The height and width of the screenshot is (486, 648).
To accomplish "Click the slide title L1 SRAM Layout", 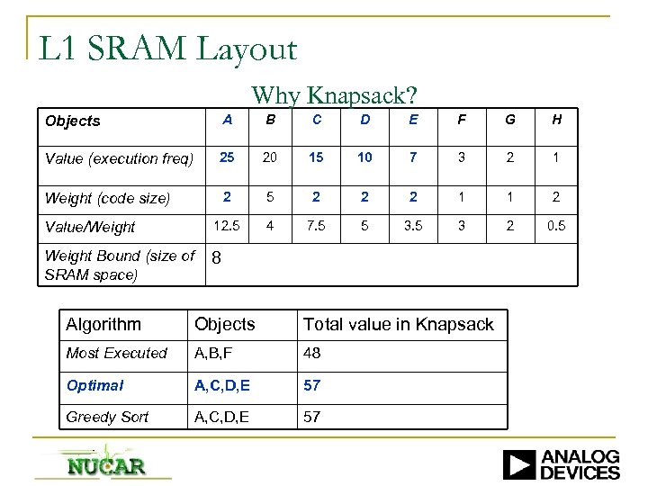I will pyautogui.click(x=167, y=48).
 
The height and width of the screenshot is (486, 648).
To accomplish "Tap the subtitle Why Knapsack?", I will pyautogui.click(x=334, y=94).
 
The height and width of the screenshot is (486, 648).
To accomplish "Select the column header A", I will pyautogui.click(x=228, y=120).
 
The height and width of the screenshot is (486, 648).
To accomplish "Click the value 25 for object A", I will pyautogui.click(x=228, y=158).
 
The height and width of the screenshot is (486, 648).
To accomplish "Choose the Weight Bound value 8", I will pyautogui.click(x=216, y=259).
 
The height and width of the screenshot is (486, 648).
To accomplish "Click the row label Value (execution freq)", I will pyautogui.click(x=119, y=159).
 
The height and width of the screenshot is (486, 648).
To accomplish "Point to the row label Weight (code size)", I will pyautogui.click(x=107, y=198).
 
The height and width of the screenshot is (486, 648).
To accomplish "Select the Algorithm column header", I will pyautogui.click(x=103, y=324).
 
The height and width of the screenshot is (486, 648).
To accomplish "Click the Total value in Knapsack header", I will pyautogui.click(x=398, y=324).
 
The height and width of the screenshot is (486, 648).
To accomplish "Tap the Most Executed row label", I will pyautogui.click(x=116, y=354).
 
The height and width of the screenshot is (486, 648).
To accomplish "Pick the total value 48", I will pyautogui.click(x=312, y=354).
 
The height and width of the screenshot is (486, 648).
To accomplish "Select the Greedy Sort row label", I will pyautogui.click(x=107, y=417).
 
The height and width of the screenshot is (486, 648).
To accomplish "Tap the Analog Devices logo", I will pyautogui.click(x=561, y=463).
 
